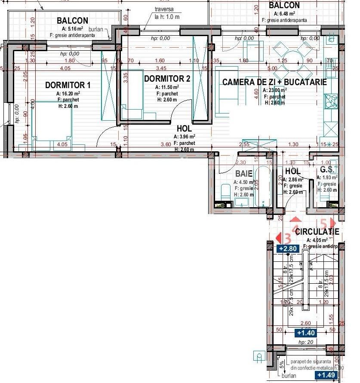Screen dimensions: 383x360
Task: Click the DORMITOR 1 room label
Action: [x=68, y=85]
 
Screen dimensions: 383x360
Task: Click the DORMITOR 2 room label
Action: [x=167, y=79]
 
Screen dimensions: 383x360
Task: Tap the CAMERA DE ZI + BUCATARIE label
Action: [x=274, y=82]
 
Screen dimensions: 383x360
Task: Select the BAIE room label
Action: [x=243, y=174]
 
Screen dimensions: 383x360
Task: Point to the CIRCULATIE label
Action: [x=317, y=232]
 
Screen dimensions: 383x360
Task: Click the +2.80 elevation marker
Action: [x=288, y=248]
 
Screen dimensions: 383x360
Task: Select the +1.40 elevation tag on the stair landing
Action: [x=306, y=333]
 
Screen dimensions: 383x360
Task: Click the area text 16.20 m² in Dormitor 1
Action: [x=68, y=93]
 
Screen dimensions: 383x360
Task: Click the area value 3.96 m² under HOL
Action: [x=184, y=137]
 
